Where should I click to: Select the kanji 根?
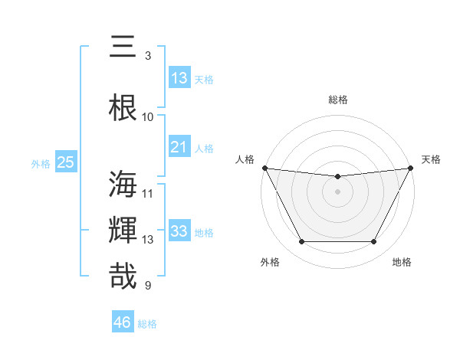click(x=125, y=108)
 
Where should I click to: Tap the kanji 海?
click(x=125, y=185)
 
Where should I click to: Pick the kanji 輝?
click(x=125, y=231)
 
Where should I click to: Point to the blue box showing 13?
click(x=179, y=78)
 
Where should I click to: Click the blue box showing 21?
click(x=179, y=147)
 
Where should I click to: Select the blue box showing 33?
click(x=179, y=231)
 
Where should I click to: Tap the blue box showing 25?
click(x=65, y=162)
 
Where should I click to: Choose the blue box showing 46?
click(x=123, y=322)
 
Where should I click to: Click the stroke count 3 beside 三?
click(x=148, y=56)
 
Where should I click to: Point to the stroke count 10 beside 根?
click(x=148, y=117)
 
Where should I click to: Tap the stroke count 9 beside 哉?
click(x=148, y=286)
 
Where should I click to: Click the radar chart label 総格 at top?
click(x=338, y=100)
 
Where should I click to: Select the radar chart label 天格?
click(x=432, y=159)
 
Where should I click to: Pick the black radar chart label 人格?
click(x=245, y=159)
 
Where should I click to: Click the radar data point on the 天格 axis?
click(x=411, y=168)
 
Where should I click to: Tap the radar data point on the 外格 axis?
click(x=301, y=242)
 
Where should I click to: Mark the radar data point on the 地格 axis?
click(x=374, y=242)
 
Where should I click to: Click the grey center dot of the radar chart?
click(x=338, y=191)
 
